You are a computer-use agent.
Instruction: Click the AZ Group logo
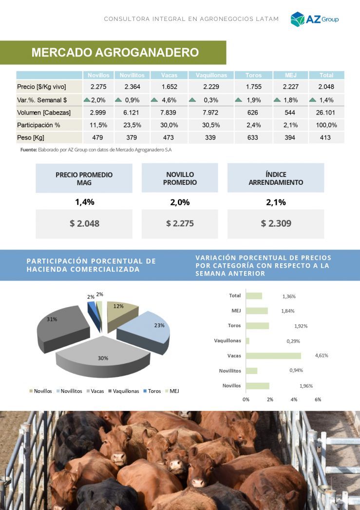(x=314, y=19)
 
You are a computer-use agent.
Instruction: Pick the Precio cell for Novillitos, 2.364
(x=132, y=87)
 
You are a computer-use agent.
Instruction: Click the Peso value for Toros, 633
(x=252, y=138)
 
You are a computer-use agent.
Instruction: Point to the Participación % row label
(x=38, y=125)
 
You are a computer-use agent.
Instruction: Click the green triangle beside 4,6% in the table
(x=154, y=100)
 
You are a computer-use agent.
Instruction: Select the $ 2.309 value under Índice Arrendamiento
(x=276, y=224)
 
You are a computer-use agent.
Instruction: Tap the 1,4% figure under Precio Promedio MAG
(x=84, y=202)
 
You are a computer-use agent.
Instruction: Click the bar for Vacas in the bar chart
(x=273, y=355)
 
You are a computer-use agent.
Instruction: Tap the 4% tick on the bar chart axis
(x=294, y=399)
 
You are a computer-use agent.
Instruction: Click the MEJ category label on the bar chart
(x=236, y=311)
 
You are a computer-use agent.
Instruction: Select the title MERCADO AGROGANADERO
(x=115, y=53)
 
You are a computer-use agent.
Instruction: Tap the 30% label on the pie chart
(x=103, y=358)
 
